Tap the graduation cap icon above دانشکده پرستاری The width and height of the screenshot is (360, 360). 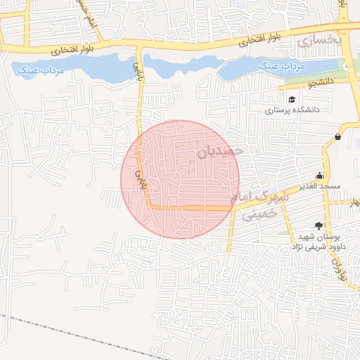(292, 99)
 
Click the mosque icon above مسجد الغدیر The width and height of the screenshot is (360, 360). (320, 176)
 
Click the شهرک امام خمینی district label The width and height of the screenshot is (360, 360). (261, 205)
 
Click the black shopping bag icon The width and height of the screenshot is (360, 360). (338, 136)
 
